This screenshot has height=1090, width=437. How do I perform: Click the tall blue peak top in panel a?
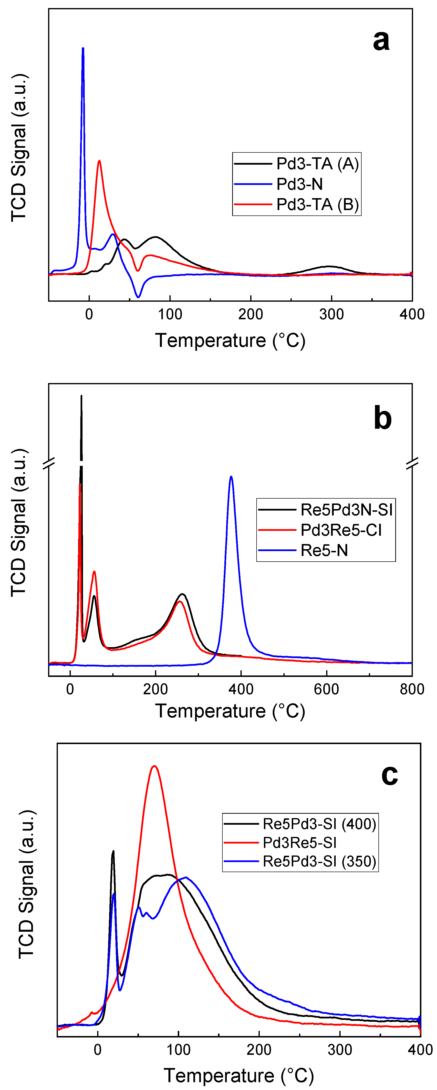83,48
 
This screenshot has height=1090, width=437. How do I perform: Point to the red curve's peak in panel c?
154,766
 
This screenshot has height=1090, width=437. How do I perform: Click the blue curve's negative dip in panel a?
138,297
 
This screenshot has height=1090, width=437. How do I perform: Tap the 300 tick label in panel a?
331,314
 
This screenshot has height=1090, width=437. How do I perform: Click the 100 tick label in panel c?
178,1050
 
